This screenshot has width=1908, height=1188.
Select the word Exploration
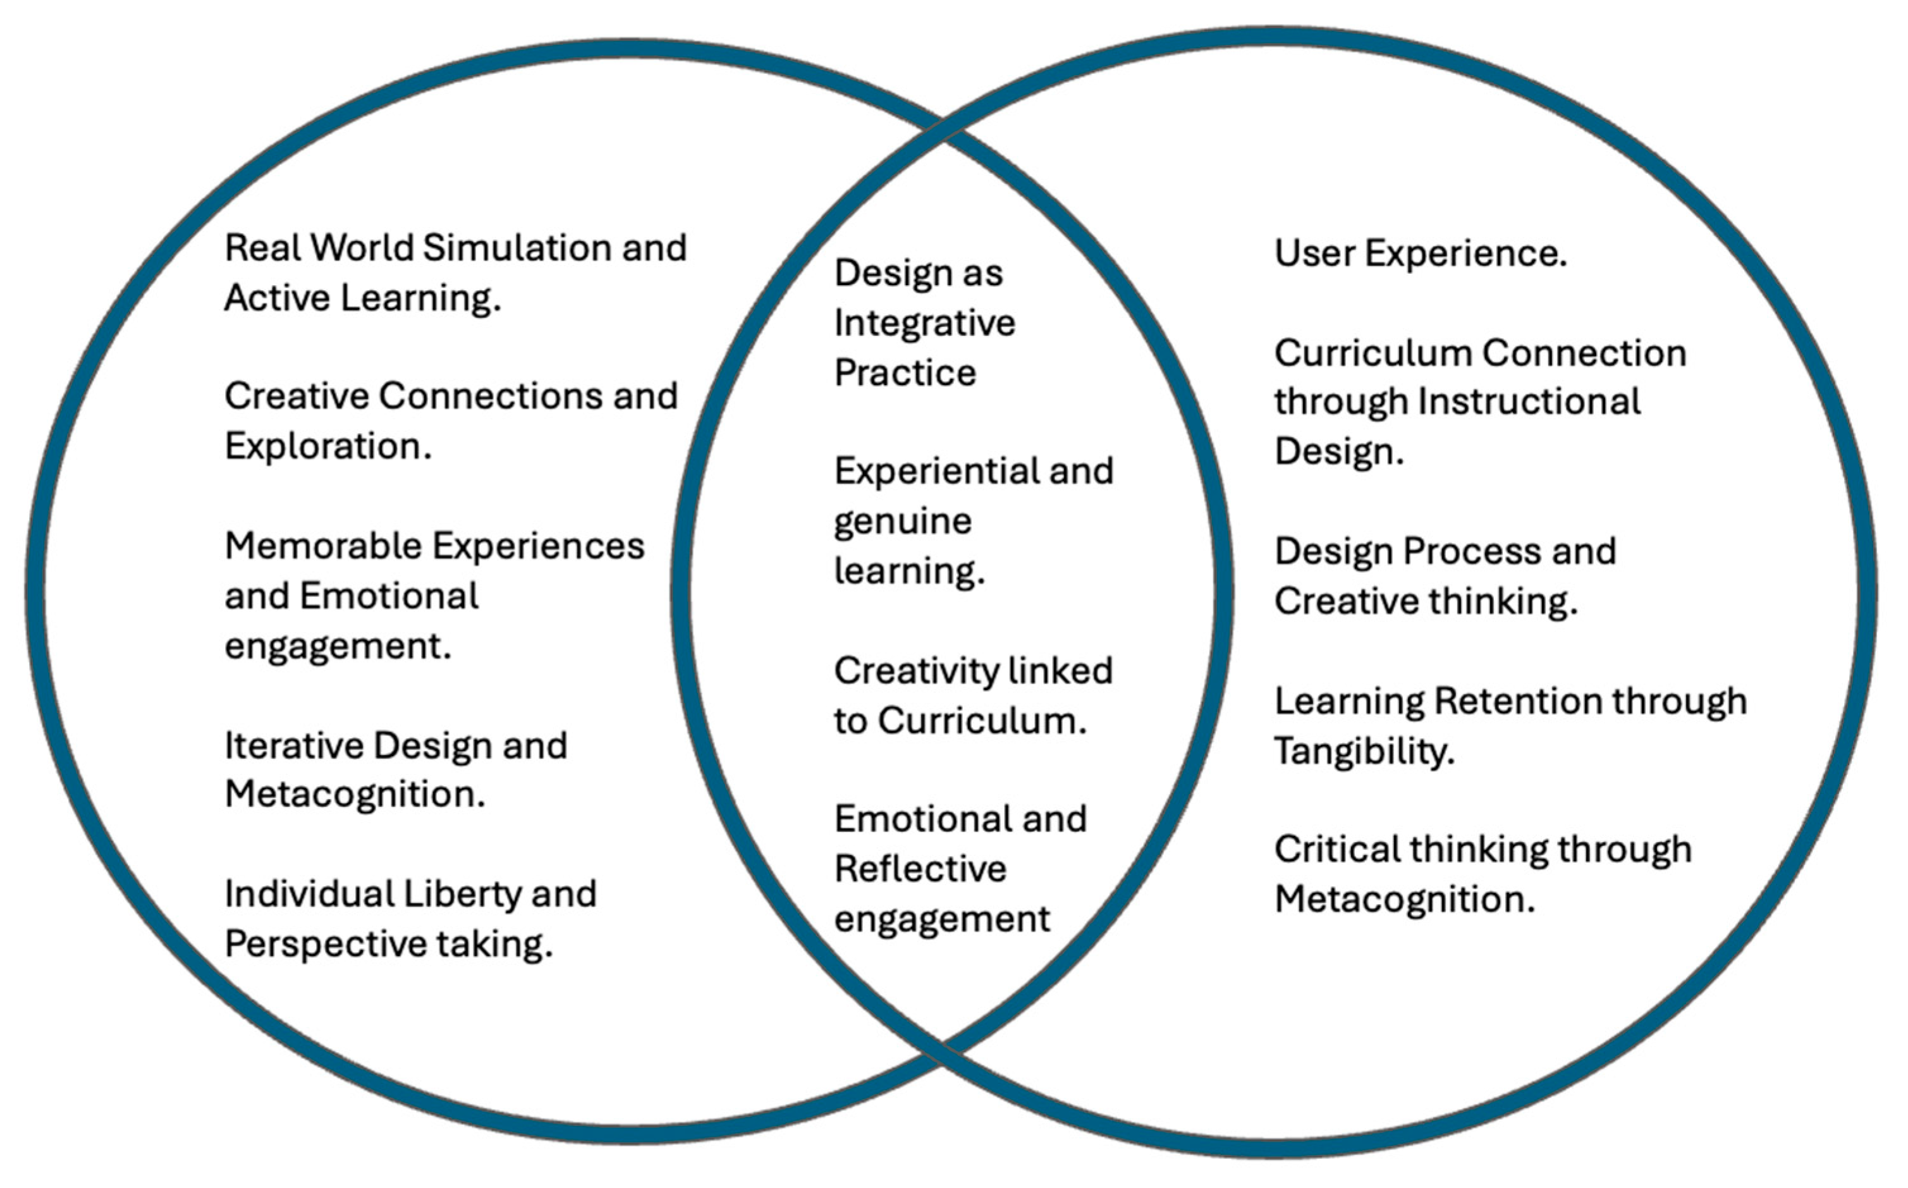tap(328, 446)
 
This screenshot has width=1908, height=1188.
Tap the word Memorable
tap(323, 546)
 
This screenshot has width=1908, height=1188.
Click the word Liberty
tap(462, 894)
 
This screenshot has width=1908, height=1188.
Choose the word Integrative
tap(924, 324)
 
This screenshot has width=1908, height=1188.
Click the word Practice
tap(905, 372)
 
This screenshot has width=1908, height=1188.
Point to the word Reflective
tap(920, 869)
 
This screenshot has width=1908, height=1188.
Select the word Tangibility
tap(1364, 751)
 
